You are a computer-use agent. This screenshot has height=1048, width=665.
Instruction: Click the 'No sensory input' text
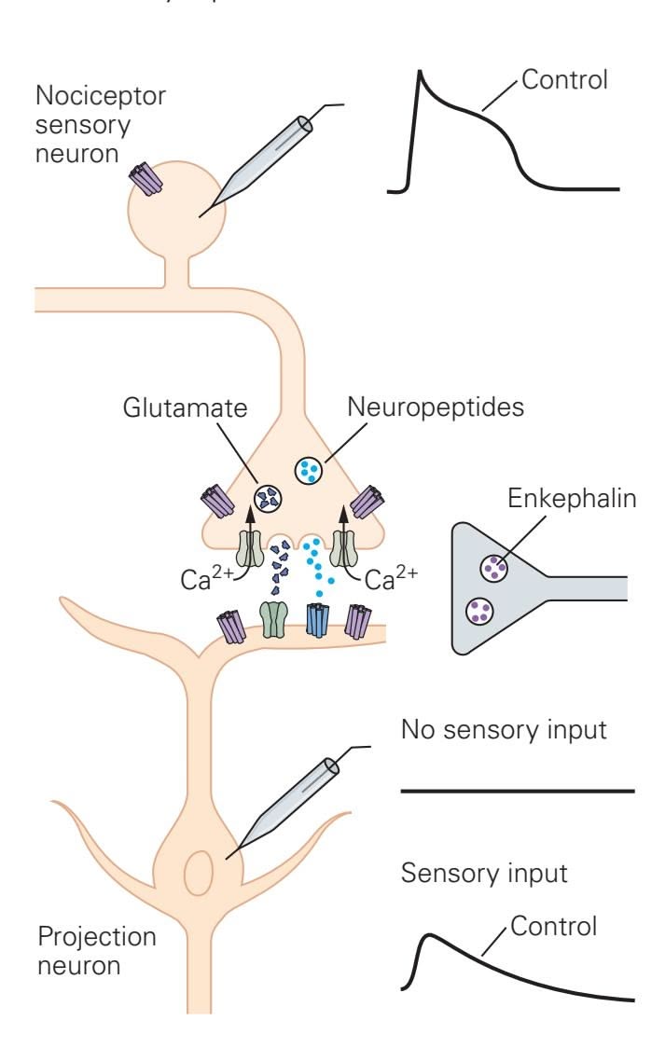(504, 730)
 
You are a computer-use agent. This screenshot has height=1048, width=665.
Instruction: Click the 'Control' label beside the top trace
(564, 79)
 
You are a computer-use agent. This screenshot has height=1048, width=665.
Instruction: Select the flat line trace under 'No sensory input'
(518, 791)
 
